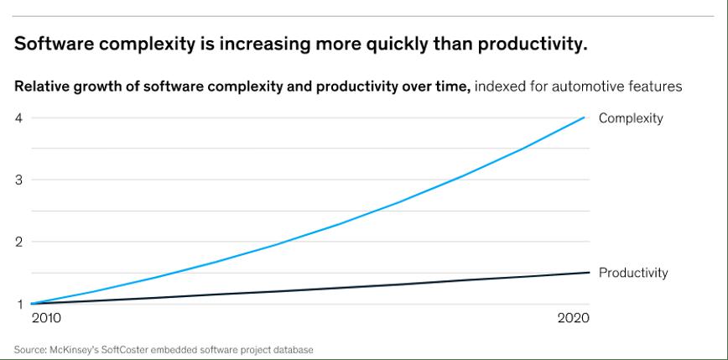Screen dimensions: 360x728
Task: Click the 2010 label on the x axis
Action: [46, 319]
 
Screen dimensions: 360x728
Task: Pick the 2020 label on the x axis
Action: [573, 319]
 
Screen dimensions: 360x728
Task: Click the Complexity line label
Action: [630, 118]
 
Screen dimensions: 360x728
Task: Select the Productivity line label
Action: [633, 273]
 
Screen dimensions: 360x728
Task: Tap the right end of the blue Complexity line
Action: [585, 117]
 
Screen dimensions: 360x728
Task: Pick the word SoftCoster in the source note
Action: [124, 349]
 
